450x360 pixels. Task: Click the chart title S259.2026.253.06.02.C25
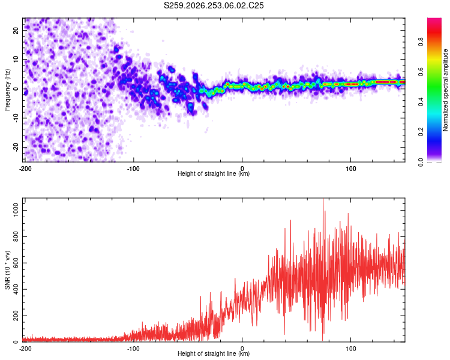click(214, 5)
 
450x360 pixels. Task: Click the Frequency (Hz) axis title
click(7, 90)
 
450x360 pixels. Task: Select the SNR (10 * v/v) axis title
click(7, 270)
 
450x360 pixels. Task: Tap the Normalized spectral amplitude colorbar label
click(445, 90)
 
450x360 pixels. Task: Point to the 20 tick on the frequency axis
click(16, 30)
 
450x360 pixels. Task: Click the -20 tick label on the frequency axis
click(16, 147)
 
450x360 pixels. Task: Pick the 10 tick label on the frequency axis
click(16, 59)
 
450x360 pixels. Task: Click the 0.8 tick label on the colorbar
click(421, 42)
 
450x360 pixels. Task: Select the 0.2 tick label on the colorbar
click(421, 131)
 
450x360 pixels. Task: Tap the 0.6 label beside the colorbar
click(421, 72)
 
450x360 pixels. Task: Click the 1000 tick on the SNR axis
click(16, 210)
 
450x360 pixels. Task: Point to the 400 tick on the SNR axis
click(16, 289)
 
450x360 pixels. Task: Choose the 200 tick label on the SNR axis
click(16, 316)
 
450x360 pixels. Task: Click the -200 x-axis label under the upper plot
click(25, 169)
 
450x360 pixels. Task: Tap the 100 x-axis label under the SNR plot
click(351, 349)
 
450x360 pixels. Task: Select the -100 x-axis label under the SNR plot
click(133, 349)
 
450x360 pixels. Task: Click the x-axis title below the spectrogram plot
click(214, 173)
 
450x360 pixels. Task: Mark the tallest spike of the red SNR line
click(323, 199)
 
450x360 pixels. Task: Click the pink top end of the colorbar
click(434, 19)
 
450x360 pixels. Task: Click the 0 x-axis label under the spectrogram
click(242, 169)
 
